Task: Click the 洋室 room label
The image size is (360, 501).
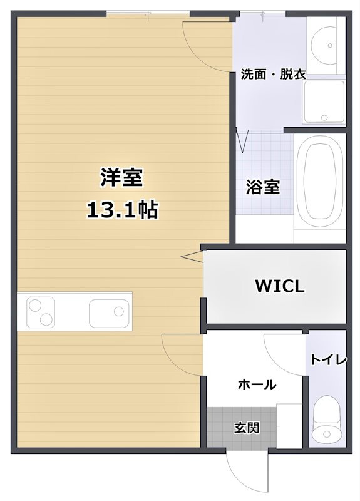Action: [x=121, y=178]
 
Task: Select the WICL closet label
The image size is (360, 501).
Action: [x=279, y=286]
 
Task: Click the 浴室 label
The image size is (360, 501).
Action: [x=262, y=187]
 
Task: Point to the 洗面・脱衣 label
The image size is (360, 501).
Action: [x=274, y=74]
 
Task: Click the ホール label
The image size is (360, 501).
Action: [x=257, y=385]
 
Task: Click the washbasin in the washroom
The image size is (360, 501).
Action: [x=326, y=44]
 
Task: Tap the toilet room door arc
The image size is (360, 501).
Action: [x=281, y=352]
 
